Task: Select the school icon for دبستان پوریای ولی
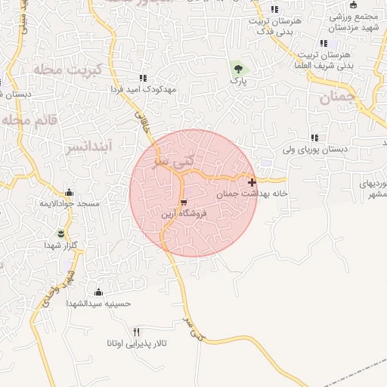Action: click(314, 138)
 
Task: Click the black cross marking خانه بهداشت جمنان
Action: click(252, 182)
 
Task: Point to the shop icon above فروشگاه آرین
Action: click(184, 203)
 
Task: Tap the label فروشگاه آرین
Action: click(184, 215)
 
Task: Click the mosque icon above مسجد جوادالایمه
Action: click(70, 192)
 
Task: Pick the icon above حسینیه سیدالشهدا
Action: click(98, 292)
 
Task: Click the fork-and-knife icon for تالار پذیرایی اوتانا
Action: click(137, 331)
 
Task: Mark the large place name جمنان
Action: click(336, 97)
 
